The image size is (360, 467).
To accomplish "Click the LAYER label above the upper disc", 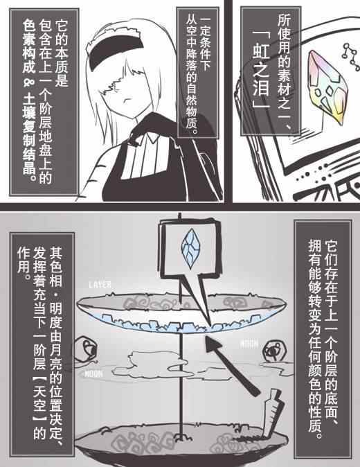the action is click(100, 285).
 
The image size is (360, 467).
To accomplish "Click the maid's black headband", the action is click(116, 49).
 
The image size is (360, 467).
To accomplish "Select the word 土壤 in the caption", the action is click(29, 108).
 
